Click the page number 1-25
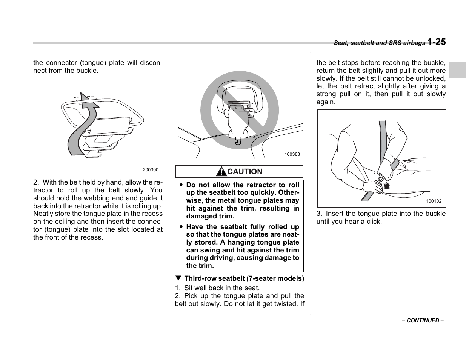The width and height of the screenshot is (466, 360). [x=437, y=42]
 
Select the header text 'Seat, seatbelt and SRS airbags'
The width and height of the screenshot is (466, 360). [x=379, y=43]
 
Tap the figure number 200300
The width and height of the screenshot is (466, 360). [x=151, y=170]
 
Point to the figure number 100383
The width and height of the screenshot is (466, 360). [x=292, y=154]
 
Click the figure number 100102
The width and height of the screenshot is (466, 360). [x=434, y=202]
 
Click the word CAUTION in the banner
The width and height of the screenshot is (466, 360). [x=245, y=172]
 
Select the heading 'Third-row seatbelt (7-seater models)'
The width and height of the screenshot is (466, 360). [x=244, y=278]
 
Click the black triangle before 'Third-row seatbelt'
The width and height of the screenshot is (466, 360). [x=178, y=278]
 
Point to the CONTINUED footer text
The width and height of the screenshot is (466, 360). [x=423, y=320]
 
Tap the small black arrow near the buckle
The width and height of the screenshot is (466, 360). [x=386, y=185]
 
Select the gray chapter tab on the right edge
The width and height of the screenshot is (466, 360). [x=457, y=69]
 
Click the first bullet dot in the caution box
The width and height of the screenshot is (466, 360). [x=181, y=185]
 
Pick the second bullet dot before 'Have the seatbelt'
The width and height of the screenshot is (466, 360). [x=181, y=227]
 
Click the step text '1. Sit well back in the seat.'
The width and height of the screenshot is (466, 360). [x=217, y=288]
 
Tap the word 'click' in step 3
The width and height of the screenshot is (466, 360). [x=374, y=222]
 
